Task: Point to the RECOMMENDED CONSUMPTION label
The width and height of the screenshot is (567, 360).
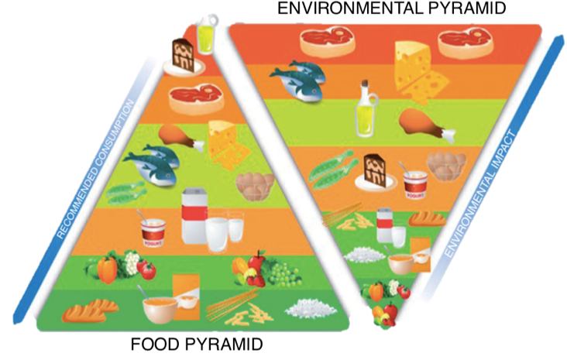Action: (95, 170)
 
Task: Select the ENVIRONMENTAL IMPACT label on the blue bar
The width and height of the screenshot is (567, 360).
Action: (479, 194)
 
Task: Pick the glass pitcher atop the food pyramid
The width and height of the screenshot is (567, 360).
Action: (207, 33)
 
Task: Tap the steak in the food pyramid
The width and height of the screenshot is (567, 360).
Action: (196, 98)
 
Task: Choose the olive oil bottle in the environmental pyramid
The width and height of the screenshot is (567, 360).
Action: (366, 109)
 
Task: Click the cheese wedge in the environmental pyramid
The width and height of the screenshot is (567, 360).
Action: (420, 71)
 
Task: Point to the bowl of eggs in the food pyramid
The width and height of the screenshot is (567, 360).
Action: (255, 187)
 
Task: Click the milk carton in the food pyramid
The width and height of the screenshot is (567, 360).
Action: (194, 216)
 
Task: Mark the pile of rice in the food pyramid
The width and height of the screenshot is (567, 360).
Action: (311, 308)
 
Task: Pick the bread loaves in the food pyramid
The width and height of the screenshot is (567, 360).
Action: (90, 310)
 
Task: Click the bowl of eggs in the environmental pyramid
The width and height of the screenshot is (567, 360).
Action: (446, 166)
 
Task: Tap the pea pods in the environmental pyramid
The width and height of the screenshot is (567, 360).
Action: (331, 170)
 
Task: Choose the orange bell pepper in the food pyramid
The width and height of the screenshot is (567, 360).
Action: (108, 269)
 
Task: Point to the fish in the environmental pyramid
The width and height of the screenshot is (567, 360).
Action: (297, 81)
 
